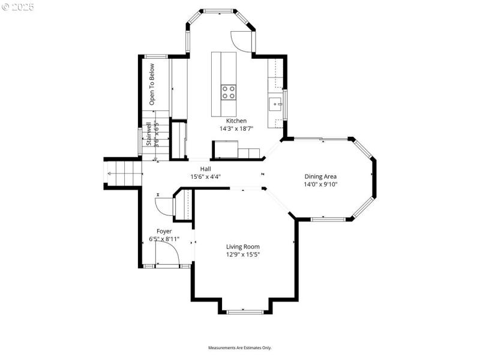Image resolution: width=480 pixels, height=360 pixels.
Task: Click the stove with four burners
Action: point(229,92)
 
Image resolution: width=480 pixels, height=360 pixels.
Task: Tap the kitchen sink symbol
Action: point(276,104)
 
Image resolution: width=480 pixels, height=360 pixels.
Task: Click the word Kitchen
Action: point(236,121)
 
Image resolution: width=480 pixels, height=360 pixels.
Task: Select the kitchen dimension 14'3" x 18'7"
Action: point(236,128)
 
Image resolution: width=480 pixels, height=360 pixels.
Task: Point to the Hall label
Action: point(206,169)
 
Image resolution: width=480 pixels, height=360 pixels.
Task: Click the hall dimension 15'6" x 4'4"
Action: point(206,177)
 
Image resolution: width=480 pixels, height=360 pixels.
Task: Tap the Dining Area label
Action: point(320,176)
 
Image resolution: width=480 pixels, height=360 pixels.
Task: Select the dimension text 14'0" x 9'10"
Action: point(320,184)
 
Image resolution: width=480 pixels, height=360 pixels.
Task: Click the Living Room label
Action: point(243,247)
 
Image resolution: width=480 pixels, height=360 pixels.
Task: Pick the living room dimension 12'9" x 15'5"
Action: point(243,254)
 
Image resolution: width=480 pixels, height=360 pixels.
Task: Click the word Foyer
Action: point(164,231)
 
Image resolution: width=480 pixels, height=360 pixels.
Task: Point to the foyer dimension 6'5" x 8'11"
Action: point(164,239)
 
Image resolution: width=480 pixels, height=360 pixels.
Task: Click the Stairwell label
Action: point(148,134)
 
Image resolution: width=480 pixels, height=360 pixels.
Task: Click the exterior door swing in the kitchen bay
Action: point(242,41)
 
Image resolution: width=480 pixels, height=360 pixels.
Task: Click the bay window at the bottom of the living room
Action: point(245,311)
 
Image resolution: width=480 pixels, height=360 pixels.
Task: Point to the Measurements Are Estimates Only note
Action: point(240,347)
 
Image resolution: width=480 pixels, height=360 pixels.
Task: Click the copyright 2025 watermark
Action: point(18,7)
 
